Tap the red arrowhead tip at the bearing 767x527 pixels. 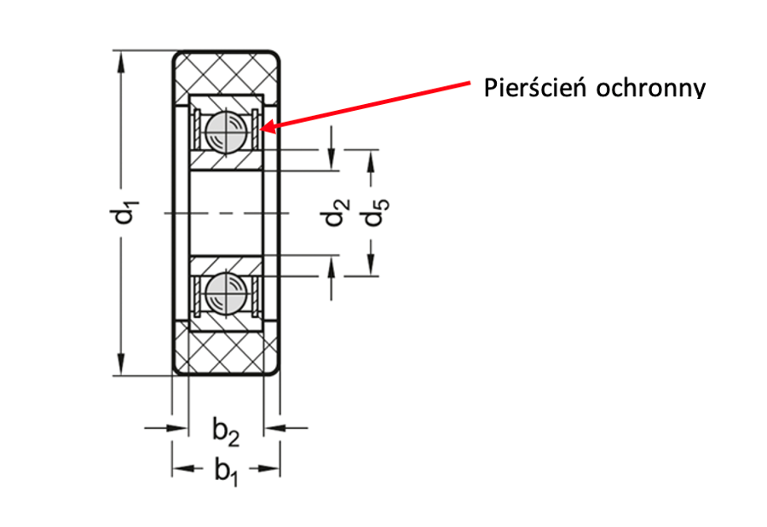267,130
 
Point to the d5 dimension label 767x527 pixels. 375,212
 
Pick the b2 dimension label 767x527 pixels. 226,434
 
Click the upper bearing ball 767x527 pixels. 227,130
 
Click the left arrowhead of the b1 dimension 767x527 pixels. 178,468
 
